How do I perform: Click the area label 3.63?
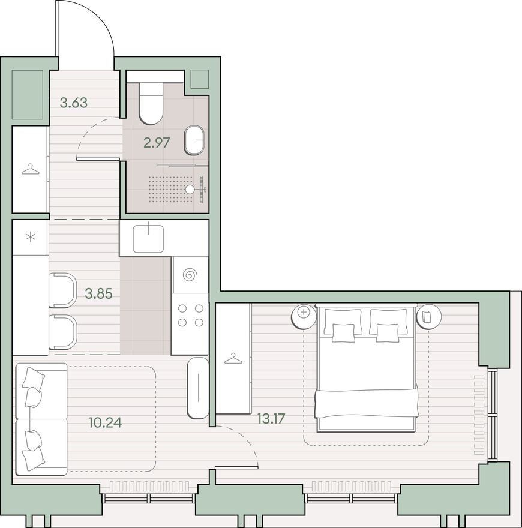point(74,103)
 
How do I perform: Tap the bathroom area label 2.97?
point(157,143)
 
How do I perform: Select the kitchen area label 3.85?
point(98,294)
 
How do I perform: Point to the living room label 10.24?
point(106,422)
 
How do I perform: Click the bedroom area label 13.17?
point(271,419)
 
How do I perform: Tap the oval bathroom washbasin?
point(194,140)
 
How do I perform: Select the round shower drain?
point(190,189)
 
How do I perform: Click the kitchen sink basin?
point(148,239)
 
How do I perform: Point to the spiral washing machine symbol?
point(189,275)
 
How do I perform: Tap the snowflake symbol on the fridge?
point(31,237)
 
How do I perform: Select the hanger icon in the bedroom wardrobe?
point(233,359)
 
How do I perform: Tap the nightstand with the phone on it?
point(429,316)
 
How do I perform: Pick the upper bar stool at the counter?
point(63,290)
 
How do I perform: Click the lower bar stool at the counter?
point(63,332)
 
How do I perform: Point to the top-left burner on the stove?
point(182,308)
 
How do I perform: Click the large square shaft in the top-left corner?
point(28,94)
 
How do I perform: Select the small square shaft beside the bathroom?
point(200,79)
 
